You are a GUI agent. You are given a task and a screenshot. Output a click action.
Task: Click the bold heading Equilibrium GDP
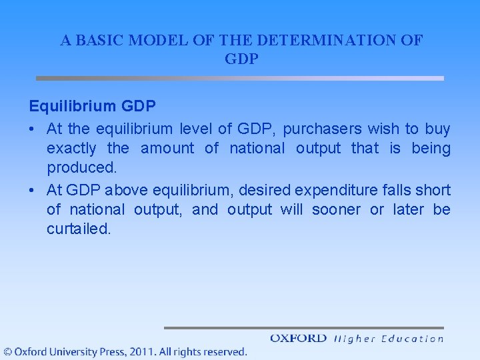pos(93,107)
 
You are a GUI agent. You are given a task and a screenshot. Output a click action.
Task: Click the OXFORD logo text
pos(298,339)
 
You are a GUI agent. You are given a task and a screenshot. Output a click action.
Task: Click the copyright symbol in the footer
pos(7,351)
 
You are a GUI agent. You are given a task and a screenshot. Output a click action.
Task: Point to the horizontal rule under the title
pos(239,78)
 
